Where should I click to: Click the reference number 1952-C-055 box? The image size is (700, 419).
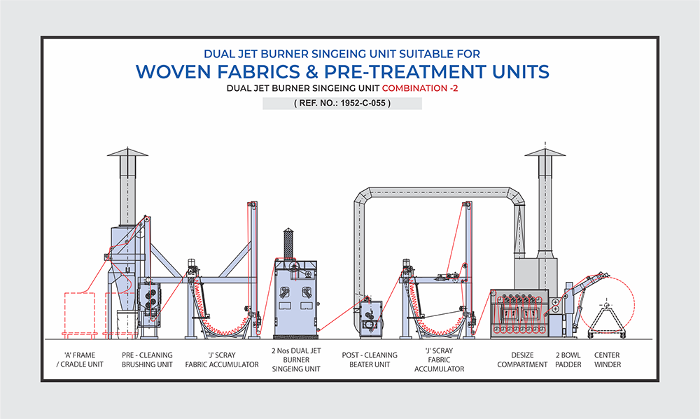tap(342, 104)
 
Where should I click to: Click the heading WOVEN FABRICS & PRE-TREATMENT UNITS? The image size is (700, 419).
tap(342, 71)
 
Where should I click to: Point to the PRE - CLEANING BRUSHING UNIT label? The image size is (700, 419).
tap(147, 360)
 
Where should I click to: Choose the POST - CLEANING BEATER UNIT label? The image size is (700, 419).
tap(370, 360)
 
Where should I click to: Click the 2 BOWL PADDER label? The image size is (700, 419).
tap(568, 360)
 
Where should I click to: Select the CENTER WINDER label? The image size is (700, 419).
tap(607, 360)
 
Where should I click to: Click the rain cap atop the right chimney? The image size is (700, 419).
tap(545, 152)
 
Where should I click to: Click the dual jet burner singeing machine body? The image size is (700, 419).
tap(294, 297)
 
